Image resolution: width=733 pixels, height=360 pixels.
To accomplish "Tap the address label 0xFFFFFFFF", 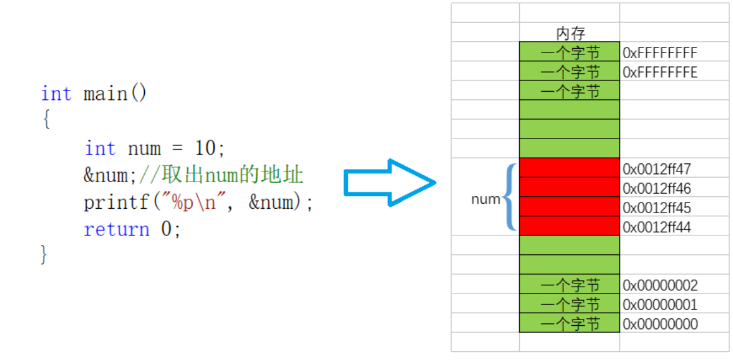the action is tap(660, 53).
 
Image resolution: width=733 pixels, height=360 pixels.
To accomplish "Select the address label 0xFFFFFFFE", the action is tap(660, 72).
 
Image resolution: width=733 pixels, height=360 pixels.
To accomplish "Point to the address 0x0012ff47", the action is tap(656, 169).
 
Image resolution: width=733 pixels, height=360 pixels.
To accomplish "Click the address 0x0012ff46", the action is tap(656, 189).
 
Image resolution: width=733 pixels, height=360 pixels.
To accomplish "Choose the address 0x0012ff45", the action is tap(656, 208).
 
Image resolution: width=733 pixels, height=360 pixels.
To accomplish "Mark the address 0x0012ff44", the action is tap(656, 227).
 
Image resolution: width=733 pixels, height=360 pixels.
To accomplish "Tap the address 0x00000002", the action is tap(660, 285).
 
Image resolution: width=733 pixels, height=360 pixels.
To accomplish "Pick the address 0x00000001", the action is tap(660, 305).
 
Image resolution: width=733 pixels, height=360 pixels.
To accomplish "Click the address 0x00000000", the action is tap(660, 325).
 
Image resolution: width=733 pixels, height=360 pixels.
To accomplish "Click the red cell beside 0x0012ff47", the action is tap(569, 168).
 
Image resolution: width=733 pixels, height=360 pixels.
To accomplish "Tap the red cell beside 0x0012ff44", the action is tap(569, 226).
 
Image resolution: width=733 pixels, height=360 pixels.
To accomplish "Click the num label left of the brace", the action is tap(485, 199).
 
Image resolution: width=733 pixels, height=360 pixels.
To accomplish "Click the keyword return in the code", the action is tap(116, 229).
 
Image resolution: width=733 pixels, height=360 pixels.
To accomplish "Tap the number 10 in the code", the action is tap(206, 149).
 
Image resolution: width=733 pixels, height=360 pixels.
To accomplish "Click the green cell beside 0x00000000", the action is tap(569, 323).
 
